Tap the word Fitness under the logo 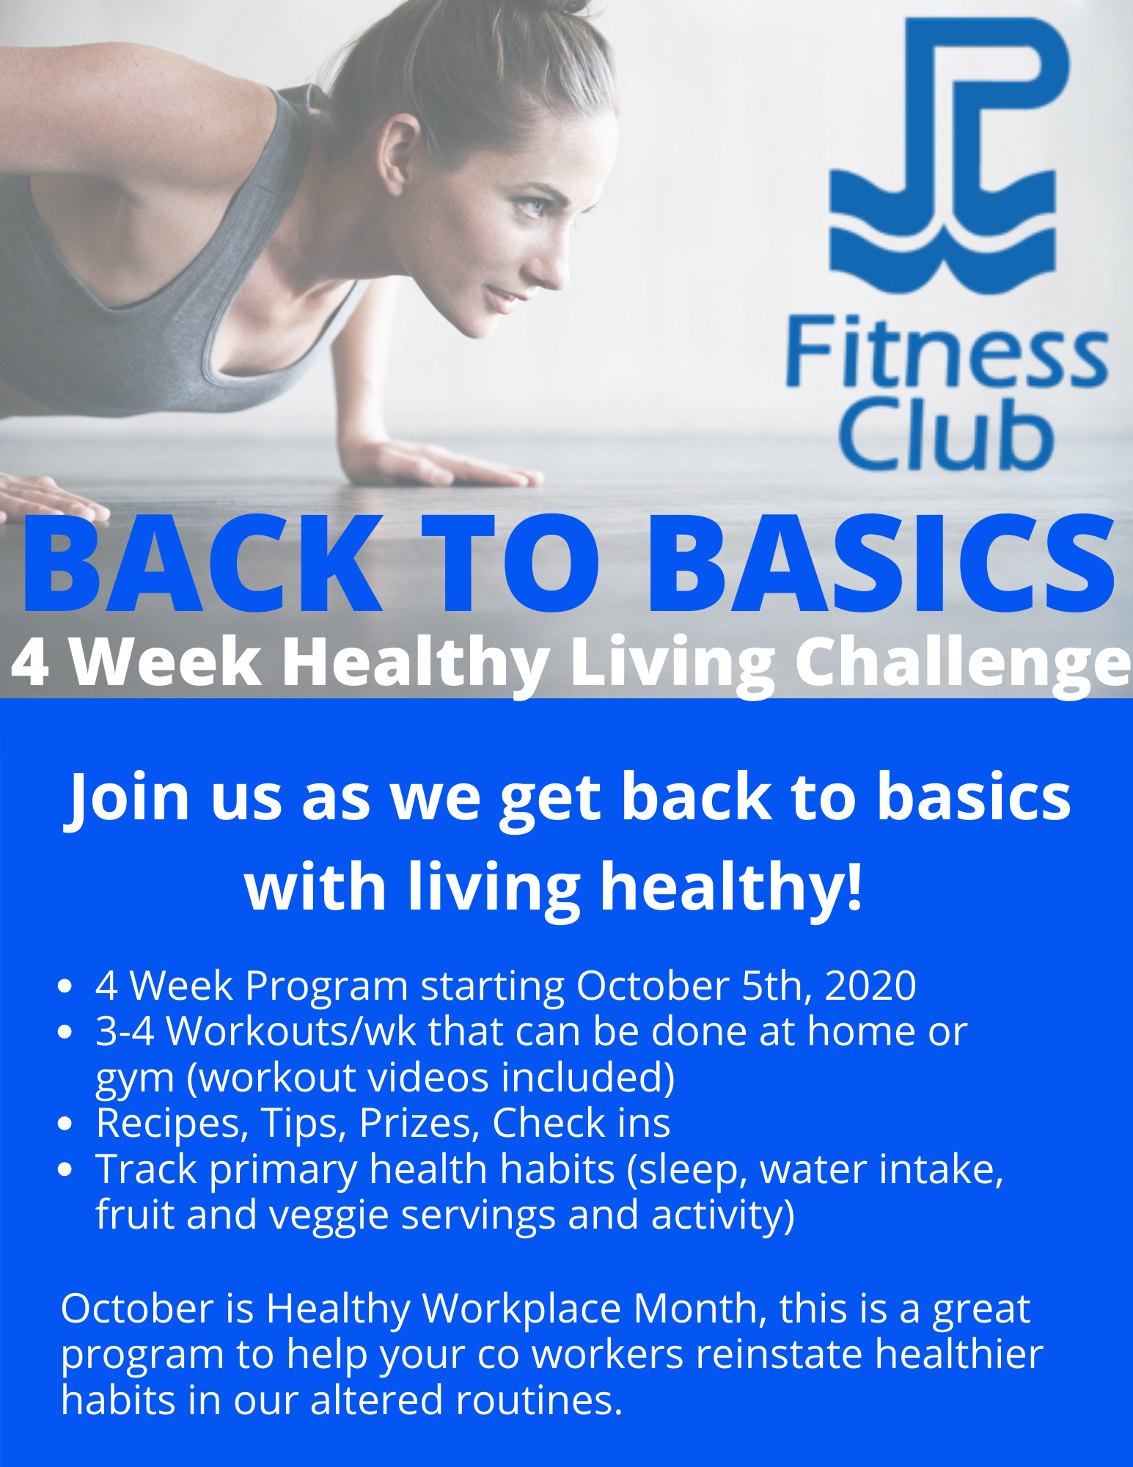pos(946,352)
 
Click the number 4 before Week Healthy pos(31,662)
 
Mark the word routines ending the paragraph pos(538,1400)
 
